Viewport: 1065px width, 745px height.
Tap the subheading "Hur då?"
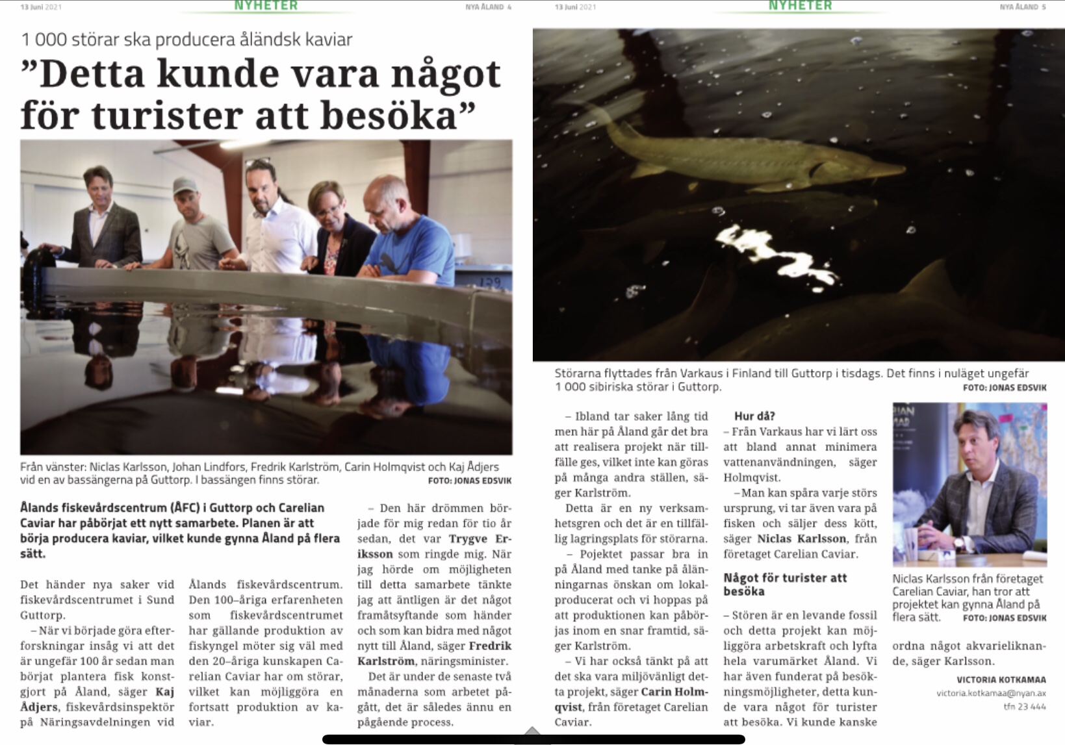[x=754, y=416]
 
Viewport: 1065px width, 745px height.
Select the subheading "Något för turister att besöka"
[x=784, y=585]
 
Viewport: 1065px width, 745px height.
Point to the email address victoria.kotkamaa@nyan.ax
[x=991, y=693]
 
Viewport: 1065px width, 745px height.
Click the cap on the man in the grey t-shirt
[x=185, y=186]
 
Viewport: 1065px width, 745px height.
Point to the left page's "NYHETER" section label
[x=266, y=6]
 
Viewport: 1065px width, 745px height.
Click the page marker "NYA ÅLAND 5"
[x=1022, y=7]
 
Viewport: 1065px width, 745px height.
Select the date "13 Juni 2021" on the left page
[x=41, y=7]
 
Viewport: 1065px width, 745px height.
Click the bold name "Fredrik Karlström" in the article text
[x=434, y=653]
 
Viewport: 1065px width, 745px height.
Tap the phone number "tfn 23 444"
[x=1025, y=707]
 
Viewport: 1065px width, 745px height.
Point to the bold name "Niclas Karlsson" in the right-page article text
[x=802, y=538]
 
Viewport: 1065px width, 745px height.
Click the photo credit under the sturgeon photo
[x=1005, y=388]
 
